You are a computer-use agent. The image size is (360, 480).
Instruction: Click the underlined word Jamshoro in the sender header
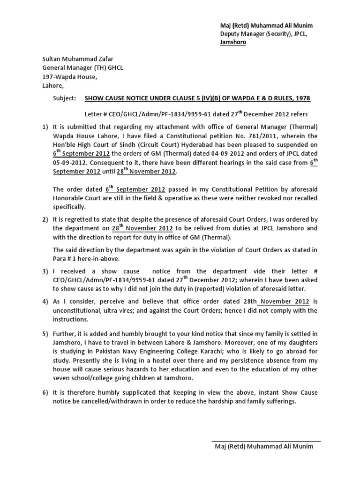(x=233, y=42)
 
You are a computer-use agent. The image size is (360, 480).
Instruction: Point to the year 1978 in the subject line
(x=302, y=98)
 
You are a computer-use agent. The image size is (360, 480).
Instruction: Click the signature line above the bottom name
(x=266, y=441)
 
